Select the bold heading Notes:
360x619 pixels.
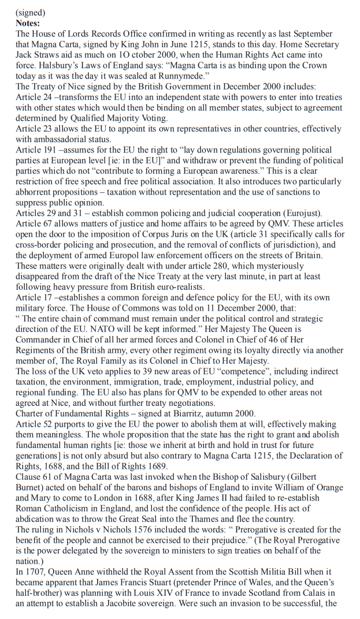coord(28,23)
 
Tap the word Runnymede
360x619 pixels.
coord(190,76)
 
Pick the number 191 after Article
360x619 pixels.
coord(53,150)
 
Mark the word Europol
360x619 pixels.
coord(151,255)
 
